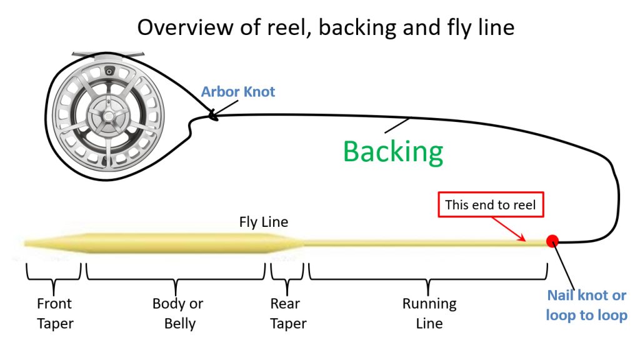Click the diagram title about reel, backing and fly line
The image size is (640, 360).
pyautogui.click(x=326, y=27)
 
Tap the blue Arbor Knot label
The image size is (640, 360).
pyautogui.click(x=238, y=92)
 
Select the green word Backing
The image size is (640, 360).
pyautogui.click(x=393, y=151)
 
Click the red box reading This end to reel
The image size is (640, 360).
pyautogui.click(x=491, y=204)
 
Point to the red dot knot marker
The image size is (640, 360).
pyautogui.click(x=552, y=241)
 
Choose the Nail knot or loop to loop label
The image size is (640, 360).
pyautogui.click(x=586, y=306)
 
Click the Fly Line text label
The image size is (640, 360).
pyautogui.click(x=264, y=222)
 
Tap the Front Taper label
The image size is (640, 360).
pyautogui.click(x=54, y=314)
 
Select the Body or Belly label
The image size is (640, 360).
pyautogui.click(x=178, y=314)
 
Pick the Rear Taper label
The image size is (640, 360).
pyautogui.click(x=288, y=314)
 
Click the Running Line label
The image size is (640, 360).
pyautogui.click(x=429, y=314)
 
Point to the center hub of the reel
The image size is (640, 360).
pyautogui.click(x=102, y=114)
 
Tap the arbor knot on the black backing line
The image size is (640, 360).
pyautogui.click(x=211, y=114)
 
